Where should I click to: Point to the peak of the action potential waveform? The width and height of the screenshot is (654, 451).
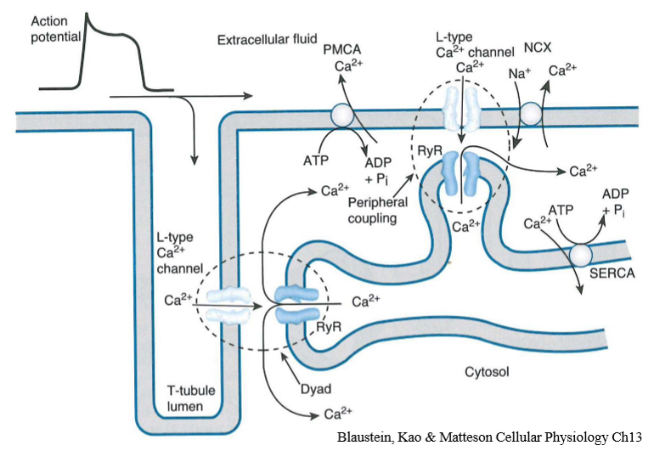[91, 16]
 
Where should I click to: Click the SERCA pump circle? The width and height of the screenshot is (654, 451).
[580, 252]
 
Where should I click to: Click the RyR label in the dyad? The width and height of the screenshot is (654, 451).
[329, 324]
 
